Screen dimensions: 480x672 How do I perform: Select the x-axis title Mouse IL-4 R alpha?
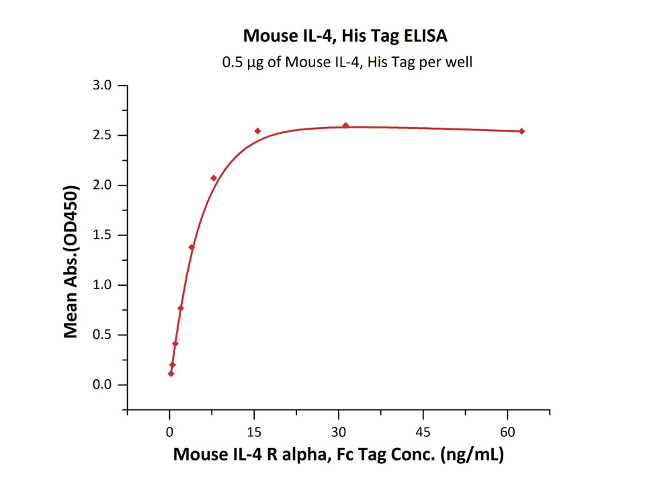click(338, 454)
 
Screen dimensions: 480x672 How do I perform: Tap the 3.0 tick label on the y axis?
click(106, 85)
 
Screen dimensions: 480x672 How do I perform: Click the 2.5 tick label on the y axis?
click(106, 135)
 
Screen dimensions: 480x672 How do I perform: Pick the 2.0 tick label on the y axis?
click(106, 186)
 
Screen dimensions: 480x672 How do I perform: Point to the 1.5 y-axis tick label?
click(106, 235)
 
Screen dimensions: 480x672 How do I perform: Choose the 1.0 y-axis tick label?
click(106, 285)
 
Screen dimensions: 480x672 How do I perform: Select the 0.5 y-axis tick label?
click(106, 335)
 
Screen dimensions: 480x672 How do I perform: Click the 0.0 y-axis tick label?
click(106, 385)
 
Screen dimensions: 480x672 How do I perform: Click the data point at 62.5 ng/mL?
click(521, 131)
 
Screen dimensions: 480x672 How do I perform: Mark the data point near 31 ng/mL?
click(345, 126)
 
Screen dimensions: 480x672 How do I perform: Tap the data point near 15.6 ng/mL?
click(257, 130)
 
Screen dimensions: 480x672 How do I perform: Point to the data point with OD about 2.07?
click(214, 178)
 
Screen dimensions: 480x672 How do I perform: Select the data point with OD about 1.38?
click(192, 247)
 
